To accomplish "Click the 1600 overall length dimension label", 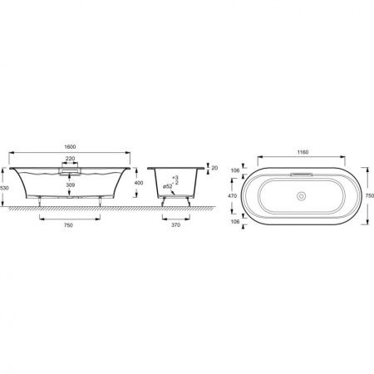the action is [x=70, y=147].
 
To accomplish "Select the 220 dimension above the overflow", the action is [x=70, y=159].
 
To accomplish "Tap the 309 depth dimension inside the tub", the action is [x=71, y=185].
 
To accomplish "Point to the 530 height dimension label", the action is [x=4, y=188].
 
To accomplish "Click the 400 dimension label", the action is [x=139, y=183].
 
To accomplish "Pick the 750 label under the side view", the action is [x=68, y=225].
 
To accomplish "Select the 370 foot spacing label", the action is [x=175, y=225].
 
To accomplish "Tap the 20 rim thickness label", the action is [x=214, y=168].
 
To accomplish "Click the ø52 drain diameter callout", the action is [x=168, y=186].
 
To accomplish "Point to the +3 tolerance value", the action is [x=175, y=178].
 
